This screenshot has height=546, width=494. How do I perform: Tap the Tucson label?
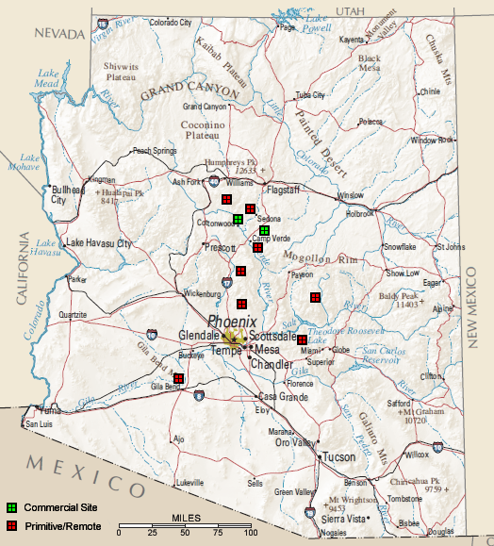click(x=338, y=456)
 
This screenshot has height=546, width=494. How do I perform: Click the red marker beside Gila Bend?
click(x=178, y=379)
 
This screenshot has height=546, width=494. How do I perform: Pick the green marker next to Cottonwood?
click(x=238, y=220)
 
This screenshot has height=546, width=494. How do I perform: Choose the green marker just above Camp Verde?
click(x=265, y=230)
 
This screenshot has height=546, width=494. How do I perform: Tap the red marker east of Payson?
click(x=315, y=298)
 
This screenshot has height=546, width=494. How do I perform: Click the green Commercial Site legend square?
click(x=11, y=507)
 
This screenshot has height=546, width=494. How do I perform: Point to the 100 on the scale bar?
click(x=251, y=534)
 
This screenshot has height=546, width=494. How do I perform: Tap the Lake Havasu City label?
click(x=98, y=242)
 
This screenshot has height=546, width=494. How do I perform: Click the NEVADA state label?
click(x=59, y=33)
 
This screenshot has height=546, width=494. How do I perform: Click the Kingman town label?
click(x=101, y=179)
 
